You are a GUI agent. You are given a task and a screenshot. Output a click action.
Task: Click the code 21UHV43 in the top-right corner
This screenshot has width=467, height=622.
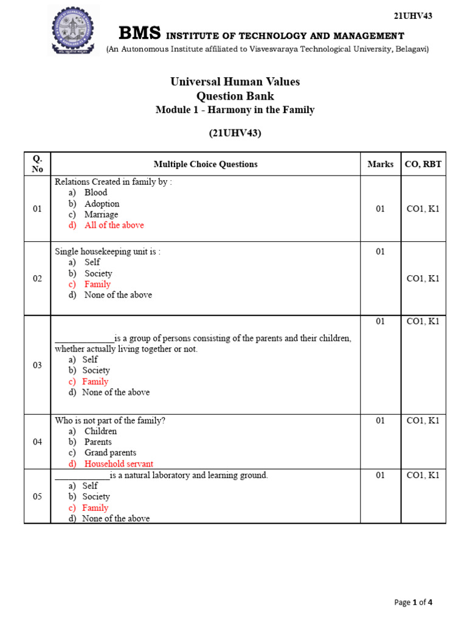[x=413, y=16]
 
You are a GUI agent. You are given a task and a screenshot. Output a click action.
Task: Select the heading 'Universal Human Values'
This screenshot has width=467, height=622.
[x=235, y=82]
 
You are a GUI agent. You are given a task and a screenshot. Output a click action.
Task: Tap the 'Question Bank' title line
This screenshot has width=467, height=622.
[x=235, y=96]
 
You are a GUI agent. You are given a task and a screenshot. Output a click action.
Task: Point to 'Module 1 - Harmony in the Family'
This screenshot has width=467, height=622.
[x=235, y=110]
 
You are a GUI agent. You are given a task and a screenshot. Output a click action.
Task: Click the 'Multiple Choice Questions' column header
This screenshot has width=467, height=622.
[x=206, y=164]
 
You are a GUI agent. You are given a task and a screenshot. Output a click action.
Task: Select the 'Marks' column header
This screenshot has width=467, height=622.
[x=380, y=164]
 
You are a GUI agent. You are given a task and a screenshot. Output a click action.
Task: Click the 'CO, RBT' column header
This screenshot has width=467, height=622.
[x=423, y=164]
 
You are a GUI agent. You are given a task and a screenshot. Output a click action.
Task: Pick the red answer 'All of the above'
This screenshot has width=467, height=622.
[x=114, y=225]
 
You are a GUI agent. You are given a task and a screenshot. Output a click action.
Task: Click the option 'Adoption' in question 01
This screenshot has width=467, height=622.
[x=102, y=203]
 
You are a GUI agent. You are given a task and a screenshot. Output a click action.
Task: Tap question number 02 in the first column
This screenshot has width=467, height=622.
[x=37, y=279]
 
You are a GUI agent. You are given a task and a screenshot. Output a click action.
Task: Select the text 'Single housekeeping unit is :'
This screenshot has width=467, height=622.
[x=108, y=251]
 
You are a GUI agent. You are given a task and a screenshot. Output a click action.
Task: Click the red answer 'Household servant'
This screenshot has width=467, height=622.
[x=119, y=463]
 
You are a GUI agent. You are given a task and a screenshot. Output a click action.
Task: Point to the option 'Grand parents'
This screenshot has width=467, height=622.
[x=110, y=453]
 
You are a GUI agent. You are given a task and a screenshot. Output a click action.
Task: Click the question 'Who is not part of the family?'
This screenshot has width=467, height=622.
[x=110, y=420]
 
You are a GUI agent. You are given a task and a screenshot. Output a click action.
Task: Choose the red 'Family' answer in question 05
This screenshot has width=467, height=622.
[x=95, y=508]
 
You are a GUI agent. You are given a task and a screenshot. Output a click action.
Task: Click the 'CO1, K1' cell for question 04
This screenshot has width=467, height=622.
[x=423, y=420]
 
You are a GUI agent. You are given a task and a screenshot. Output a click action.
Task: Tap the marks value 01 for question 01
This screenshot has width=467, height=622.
[x=380, y=209]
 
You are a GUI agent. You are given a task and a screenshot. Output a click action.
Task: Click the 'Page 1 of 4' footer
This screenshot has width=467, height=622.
[x=413, y=603]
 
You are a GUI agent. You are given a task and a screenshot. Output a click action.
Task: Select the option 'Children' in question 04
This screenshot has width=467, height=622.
[x=100, y=431]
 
